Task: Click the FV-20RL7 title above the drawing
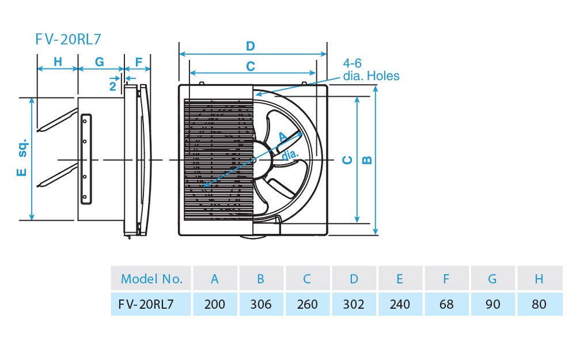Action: pos(68,39)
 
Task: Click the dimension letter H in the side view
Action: pos(58,61)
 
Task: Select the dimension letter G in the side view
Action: pos(99,61)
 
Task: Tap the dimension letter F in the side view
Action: pos(138,61)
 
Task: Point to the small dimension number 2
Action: pos(113,86)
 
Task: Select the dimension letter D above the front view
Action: pos(250,46)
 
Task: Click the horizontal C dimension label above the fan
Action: pos(250,66)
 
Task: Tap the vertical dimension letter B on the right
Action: pos(367,160)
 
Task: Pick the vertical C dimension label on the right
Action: pos(347,160)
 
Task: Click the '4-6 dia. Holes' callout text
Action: pos(370,70)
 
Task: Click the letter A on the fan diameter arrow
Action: pos(282,137)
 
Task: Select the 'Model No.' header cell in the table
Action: pos(151,279)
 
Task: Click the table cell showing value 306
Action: pos(261,304)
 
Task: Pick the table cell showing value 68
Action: pos(446,304)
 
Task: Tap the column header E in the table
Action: pos(400,279)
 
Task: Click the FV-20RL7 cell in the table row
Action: pos(151,304)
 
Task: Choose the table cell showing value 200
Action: pos(215,304)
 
